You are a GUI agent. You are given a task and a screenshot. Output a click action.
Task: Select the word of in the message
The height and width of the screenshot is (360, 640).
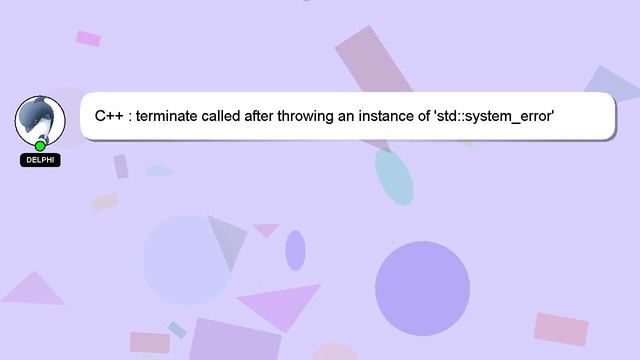click(440, 117)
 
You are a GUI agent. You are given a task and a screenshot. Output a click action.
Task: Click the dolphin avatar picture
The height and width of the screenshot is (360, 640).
click(40, 120)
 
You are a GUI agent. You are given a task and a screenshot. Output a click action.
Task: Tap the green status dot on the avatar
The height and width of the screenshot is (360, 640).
click(40, 146)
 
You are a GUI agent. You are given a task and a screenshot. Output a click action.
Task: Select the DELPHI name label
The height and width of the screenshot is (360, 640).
click(40, 160)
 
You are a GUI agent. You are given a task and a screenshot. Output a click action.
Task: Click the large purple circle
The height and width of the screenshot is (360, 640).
click(422, 287)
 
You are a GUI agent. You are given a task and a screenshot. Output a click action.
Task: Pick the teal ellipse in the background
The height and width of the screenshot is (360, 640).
click(394, 177)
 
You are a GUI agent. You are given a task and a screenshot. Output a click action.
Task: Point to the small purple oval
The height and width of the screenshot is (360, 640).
click(295, 250)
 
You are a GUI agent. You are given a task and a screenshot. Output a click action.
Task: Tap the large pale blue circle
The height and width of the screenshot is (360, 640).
click(187, 258)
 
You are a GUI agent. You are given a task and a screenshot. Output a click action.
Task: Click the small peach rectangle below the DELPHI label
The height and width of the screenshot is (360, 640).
click(105, 202)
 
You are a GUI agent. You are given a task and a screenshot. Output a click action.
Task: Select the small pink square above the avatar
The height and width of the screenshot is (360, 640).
click(88, 38)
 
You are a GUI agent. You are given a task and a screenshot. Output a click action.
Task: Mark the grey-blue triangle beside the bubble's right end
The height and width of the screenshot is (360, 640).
click(612, 87)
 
